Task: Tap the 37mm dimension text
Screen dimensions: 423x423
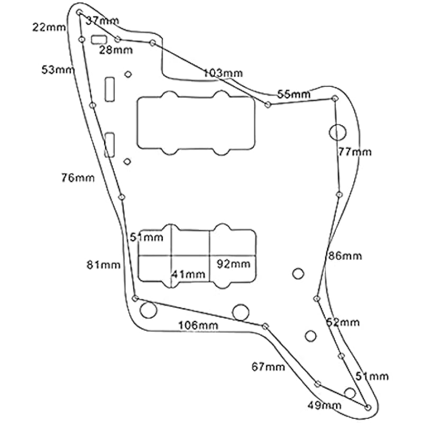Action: click(x=103, y=21)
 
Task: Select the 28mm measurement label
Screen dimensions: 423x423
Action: click(x=116, y=50)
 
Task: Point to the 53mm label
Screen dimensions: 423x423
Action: click(x=58, y=69)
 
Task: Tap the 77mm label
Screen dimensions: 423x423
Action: click(x=355, y=152)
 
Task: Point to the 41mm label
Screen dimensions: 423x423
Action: click(x=188, y=274)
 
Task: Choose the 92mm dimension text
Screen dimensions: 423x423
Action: click(x=233, y=263)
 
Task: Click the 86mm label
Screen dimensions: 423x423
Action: click(x=345, y=256)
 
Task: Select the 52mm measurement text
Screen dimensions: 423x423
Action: click(x=343, y=322)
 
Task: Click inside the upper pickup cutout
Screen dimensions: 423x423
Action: click(x=196, y=123)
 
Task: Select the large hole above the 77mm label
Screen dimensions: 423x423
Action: click(x=337, y=132)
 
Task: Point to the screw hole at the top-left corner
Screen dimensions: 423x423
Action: click(x=79, y=12)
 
